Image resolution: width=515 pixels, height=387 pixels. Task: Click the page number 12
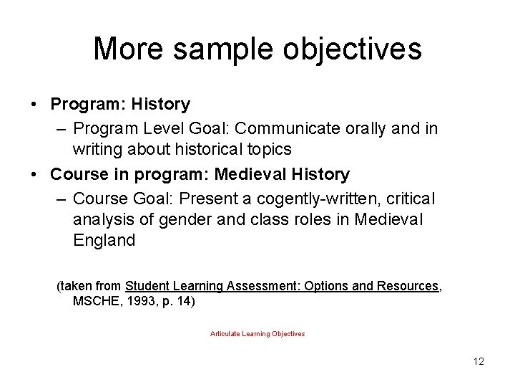point(479,361)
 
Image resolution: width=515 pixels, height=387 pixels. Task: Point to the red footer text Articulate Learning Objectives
point(257,334)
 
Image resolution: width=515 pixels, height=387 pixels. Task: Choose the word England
point(104,240)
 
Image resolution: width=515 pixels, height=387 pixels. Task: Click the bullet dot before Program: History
point(34,105)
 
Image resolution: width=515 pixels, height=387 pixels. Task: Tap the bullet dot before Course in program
point(34,174)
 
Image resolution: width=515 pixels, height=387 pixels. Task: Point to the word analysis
point(102,218)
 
